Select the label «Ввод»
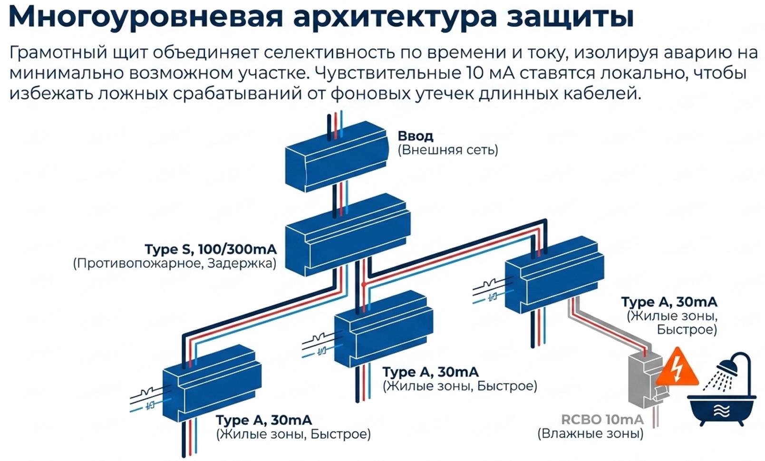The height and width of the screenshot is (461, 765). click(416, 136)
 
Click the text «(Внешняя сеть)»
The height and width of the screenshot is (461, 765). click(448, 150)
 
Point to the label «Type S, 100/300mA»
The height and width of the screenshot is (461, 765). click(211, 249)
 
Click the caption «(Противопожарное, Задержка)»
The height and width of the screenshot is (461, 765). click(174, 263)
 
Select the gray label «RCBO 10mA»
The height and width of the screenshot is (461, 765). click(602, 420)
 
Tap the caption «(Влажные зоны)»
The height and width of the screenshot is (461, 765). click(591, 433)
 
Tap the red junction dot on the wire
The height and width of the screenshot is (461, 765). click(364, 284)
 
